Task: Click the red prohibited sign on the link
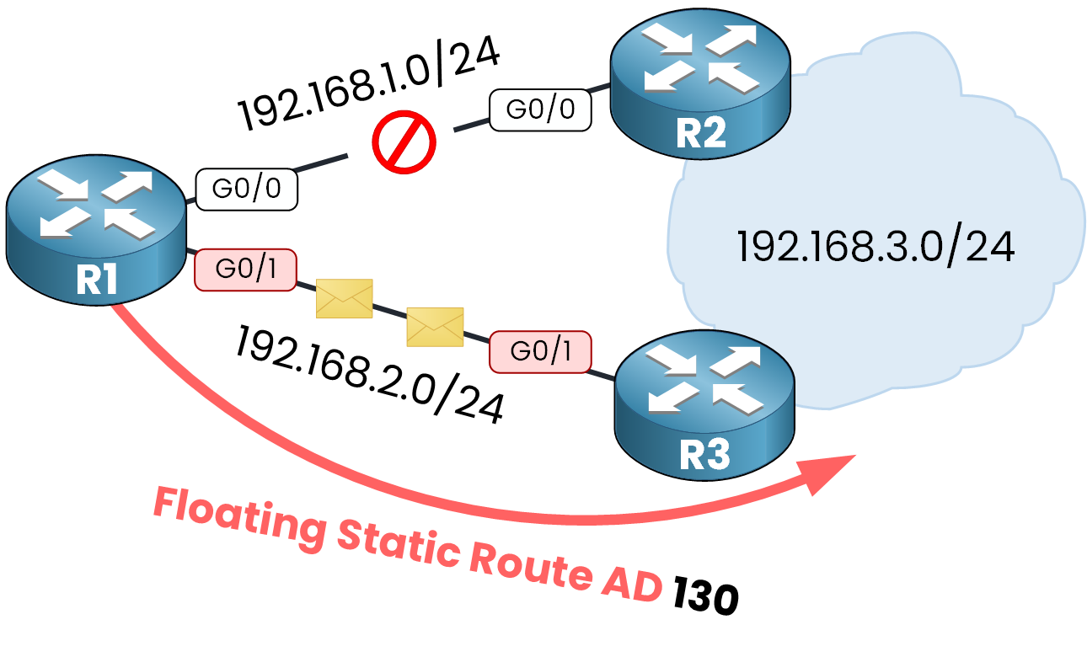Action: (x=404, y=142)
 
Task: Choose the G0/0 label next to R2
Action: (x=540, y=109)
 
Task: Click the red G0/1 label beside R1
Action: (x=245, y=270)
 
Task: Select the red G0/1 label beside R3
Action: (x=540, y=351)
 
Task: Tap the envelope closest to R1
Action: (x=344, y=299)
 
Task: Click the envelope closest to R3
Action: (x=435, y=327)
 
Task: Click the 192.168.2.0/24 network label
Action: (x=371, y=375)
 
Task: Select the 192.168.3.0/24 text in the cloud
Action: (x=875, y=247)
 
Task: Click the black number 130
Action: (x=706, y=599)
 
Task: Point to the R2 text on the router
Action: (x=701, y=133)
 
